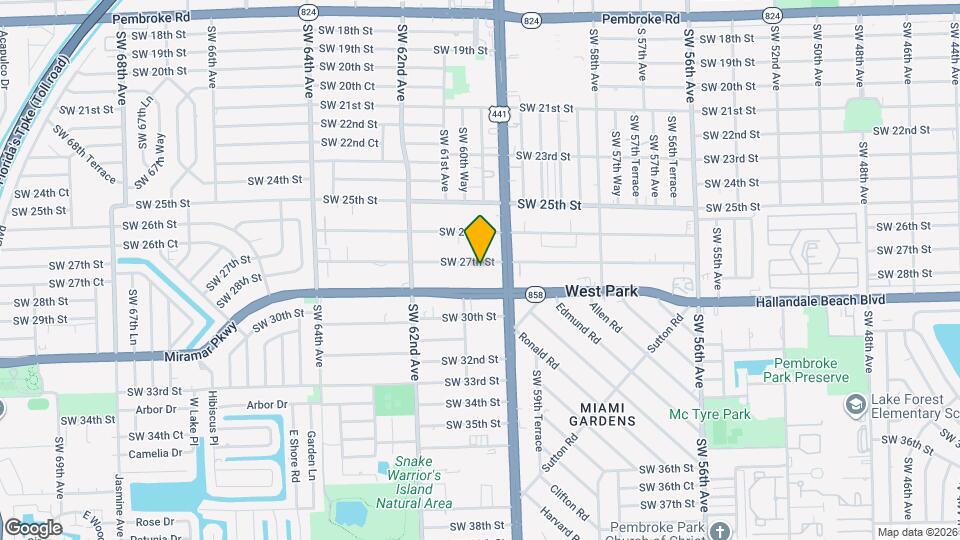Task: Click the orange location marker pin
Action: coord(481,238)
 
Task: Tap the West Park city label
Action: coord(601,291)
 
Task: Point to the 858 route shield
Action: coord(534,294)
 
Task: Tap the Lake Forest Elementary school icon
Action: coord(855,404)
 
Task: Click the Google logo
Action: coord(32,528)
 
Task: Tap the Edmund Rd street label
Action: coord(579,326)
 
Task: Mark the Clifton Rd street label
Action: coord(563,503)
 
